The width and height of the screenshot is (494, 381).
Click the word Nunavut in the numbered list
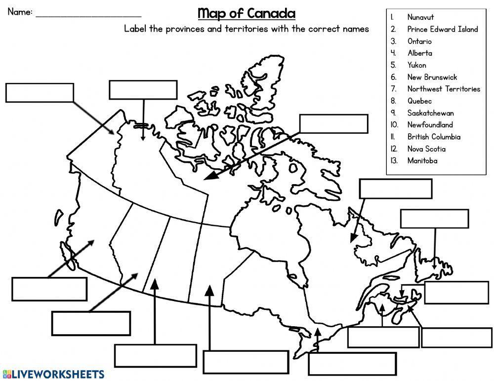[420, 17]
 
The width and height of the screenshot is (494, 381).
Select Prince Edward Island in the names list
[442, 29]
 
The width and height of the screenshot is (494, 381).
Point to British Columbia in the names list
[434, 137]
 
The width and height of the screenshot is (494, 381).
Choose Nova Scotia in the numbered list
[426, 149]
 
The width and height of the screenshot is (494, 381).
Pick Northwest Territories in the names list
[443, 89]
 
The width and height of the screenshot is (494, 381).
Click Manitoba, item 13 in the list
[422, 160]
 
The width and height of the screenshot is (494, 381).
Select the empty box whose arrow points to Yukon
[40, 92]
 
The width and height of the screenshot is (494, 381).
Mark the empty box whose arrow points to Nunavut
[333, 124]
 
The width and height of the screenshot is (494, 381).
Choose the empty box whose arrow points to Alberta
[91, 323]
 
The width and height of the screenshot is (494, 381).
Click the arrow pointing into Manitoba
[209, 316]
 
